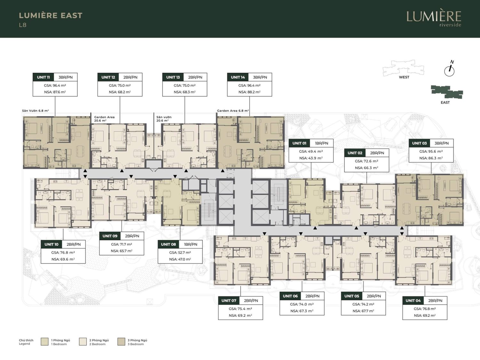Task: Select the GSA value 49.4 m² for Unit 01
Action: pyautogui.click(x=311, y=151)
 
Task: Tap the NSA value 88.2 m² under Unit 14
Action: pyautogui.click(x=249, y=92)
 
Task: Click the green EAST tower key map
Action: pyautogui.click(x=447, y=92)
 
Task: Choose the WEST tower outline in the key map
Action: pyautogui.click(x=404, y=68)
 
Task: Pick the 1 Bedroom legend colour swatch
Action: pyautogui.click(x=44, y=342)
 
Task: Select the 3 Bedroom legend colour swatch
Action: pyautogui.click(x=121, y=342)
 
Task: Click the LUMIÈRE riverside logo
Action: pyautogui.click(x=434, y=19)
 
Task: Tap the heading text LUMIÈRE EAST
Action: pyautogui.click(x=51, y=15)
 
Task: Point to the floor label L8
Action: pyautogui.click(x=23, y=25)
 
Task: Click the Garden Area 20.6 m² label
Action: pyautogui.click(x=104, y=119)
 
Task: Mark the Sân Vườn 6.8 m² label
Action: pyautogui.click(x=36, y=111)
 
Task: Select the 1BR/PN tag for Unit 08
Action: pyautogui.click(x=190, y=244)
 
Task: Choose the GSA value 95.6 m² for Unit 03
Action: pyautogui.click(x=431, y=151)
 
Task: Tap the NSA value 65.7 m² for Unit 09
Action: pyautogui.click(x=122, y=251)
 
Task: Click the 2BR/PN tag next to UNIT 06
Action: pyautogui.click(x=313, y=296)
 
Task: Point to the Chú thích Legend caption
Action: pyautogui.click(x=26, y=342)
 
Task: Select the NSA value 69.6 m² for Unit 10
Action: pyautogui.click(x=63, y=259)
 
